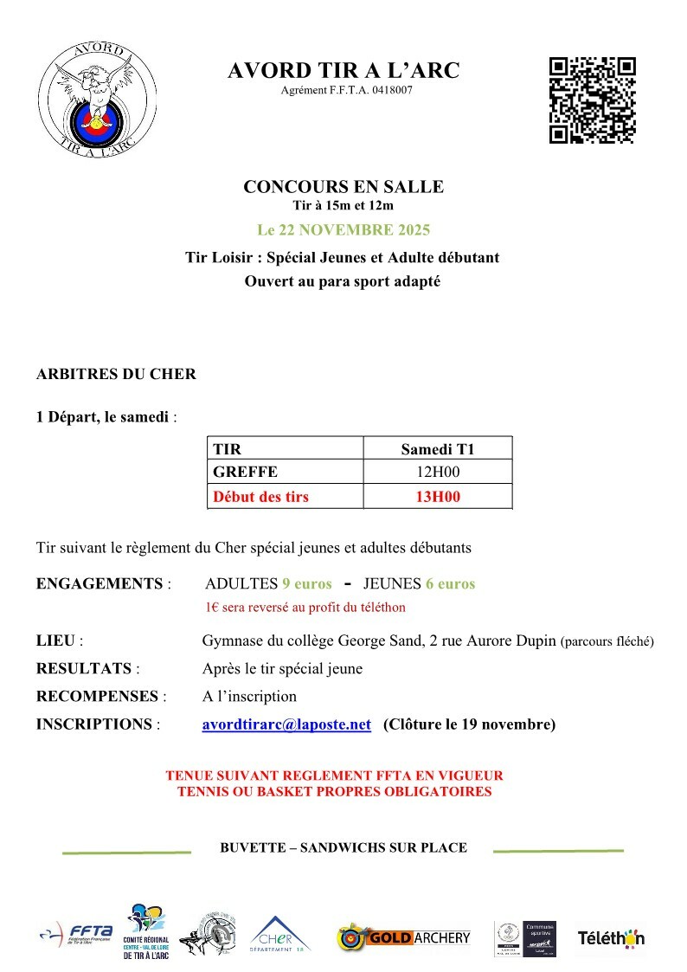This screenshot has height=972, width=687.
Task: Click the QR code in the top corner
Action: (x=593, y=100)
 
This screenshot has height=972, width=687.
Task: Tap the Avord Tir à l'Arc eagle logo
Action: (x=100, y=100)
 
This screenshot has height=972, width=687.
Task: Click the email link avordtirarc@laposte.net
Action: (x=286, y=724)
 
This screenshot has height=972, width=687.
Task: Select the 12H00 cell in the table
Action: (x=438, y=473)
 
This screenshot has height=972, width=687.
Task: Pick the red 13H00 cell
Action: (x=438, y=497)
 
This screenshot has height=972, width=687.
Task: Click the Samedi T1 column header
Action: (x=438, y=448)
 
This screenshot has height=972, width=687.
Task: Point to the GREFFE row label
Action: (x=245, y=473)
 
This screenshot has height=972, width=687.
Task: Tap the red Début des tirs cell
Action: (x=260, y=497)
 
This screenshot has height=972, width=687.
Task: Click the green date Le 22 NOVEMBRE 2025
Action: (x=343, y=230)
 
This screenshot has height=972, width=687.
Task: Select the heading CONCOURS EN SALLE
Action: (x=343, y=187)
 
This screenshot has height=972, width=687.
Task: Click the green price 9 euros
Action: (x=306, y=583)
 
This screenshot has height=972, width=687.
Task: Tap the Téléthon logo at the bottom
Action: (x=611, y=938)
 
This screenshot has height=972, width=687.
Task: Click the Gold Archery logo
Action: (x=404, y=937)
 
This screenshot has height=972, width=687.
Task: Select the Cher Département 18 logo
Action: (x=279, y=936)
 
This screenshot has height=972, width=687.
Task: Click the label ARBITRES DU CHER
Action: (x=116, y=375)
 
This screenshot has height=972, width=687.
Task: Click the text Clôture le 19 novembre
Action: (x=469, y=724)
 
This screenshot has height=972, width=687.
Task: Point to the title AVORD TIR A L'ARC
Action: (x=343, y=72)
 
